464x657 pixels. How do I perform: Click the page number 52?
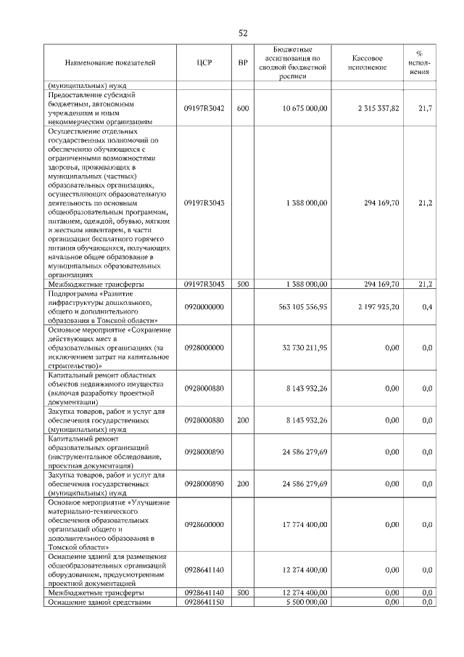(244, 33)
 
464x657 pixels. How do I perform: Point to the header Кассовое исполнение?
(368, 64)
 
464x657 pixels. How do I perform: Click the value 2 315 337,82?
(378, 108)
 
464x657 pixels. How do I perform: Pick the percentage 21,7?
(426, 108)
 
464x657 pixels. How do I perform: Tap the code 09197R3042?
(204, 108)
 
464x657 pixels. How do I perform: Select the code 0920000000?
(204, 307)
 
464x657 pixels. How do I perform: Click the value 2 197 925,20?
(378, 307)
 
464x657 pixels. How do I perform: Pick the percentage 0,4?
(427, 307)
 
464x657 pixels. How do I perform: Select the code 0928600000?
(204, 524)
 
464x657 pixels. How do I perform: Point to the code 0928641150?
(204, 603)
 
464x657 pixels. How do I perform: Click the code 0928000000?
(204, 348)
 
